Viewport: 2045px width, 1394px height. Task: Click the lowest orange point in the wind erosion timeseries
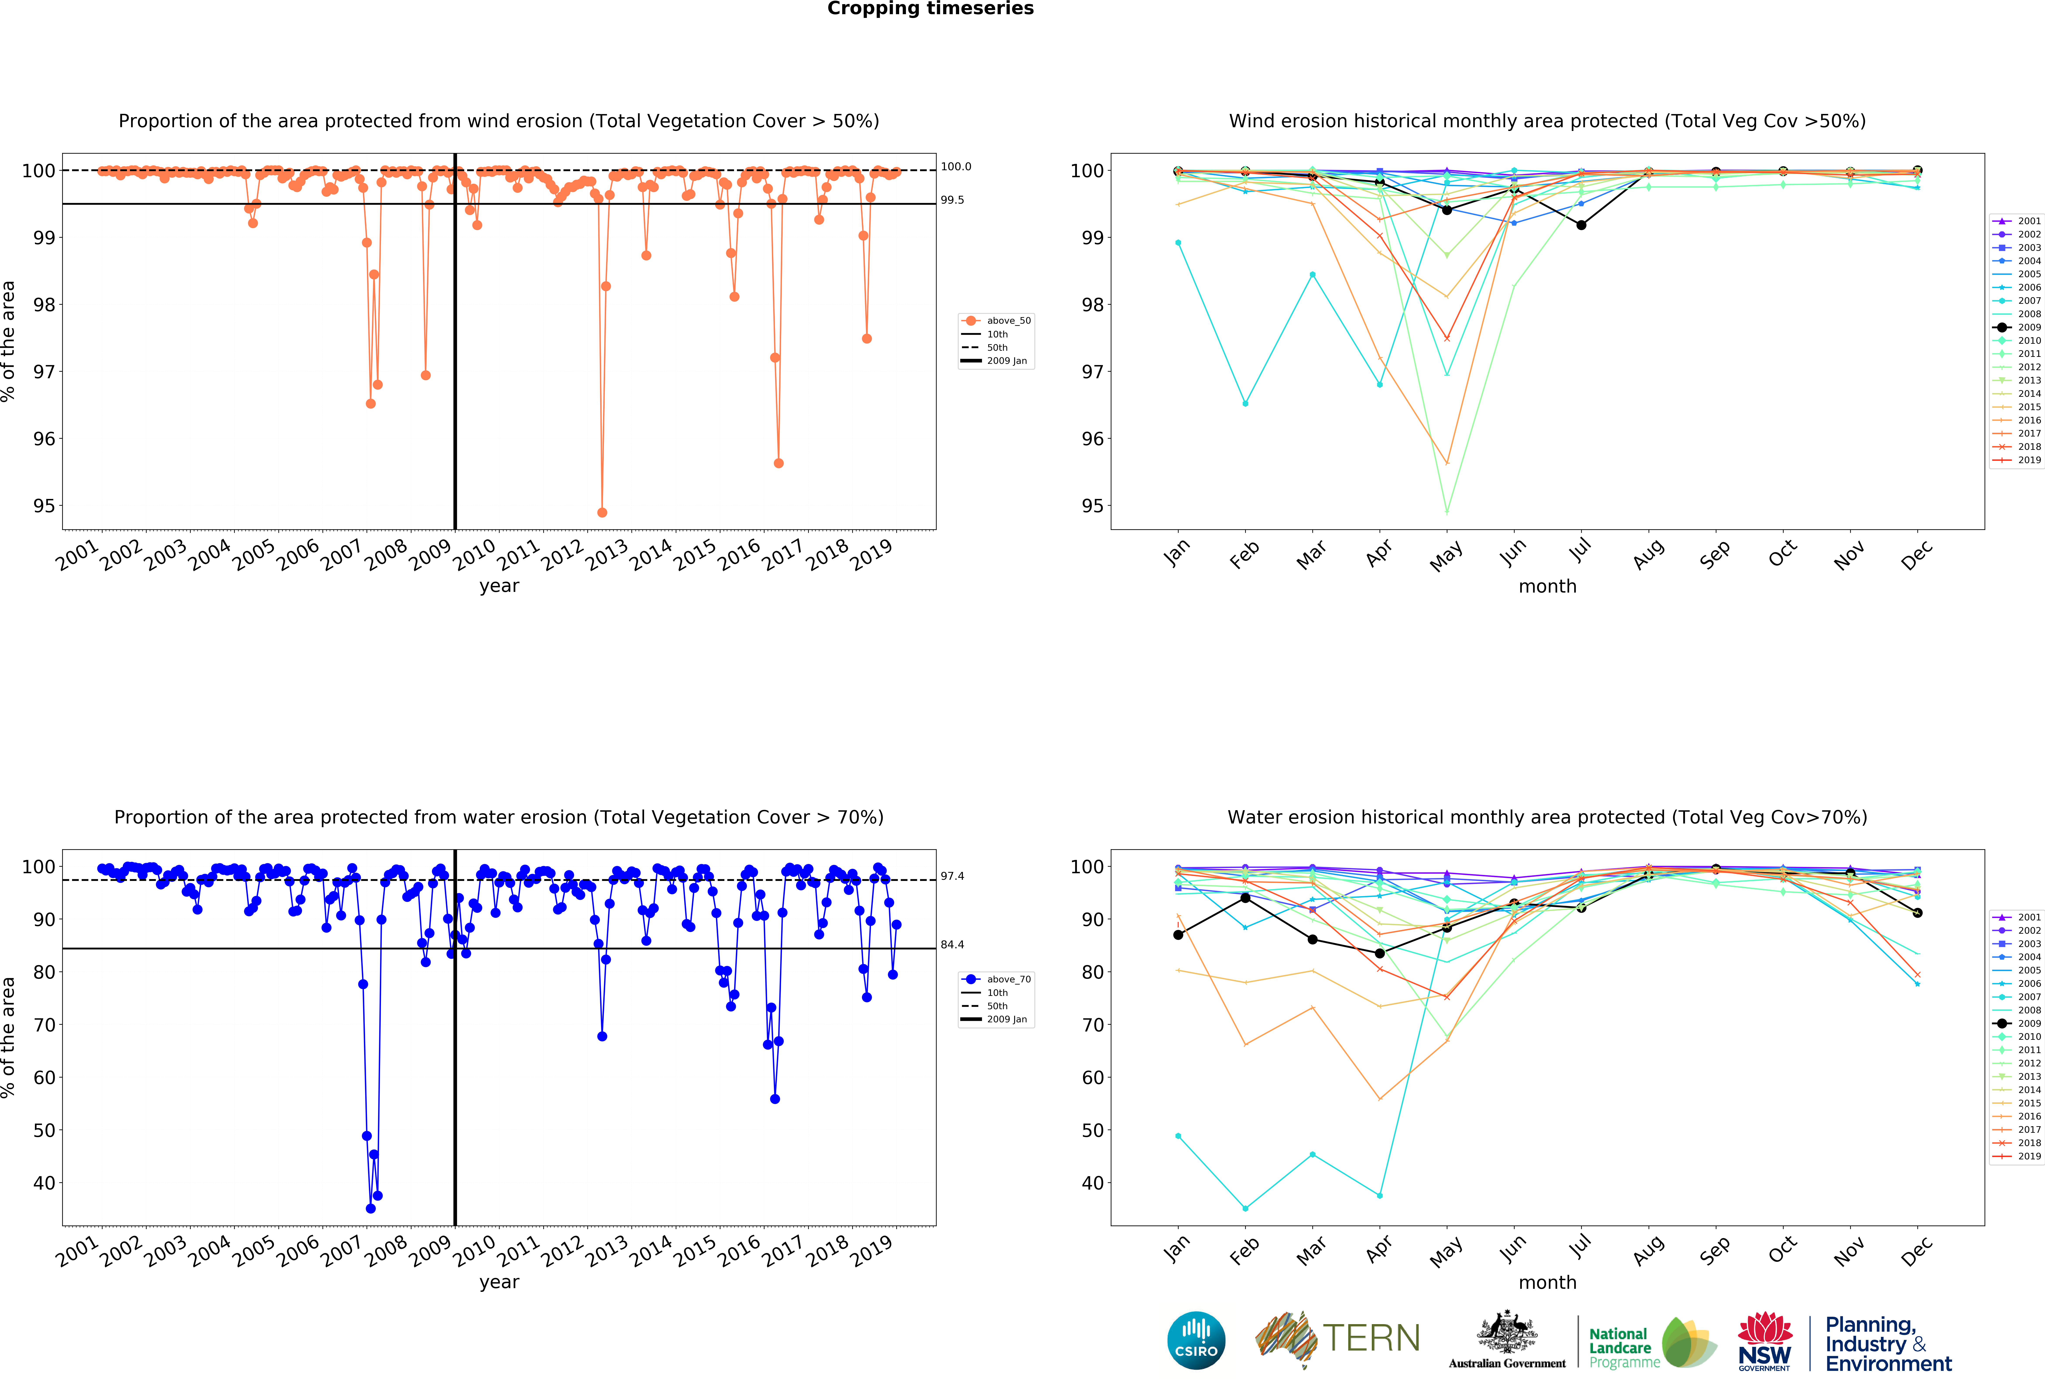pos(602,512)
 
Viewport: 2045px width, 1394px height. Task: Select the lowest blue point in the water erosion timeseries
pos(370,1208)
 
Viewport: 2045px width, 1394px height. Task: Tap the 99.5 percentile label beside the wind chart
pos(952,200)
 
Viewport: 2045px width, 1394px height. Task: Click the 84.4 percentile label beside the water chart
pos(952,944)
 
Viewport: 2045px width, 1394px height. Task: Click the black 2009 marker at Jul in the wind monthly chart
pos(1581,225)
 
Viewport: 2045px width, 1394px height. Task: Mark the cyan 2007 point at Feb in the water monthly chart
pos(1245,1208)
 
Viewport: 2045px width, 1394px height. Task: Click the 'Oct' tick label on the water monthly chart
pos(1782,1250)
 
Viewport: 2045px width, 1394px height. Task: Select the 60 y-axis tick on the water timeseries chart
pos(44,1077)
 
